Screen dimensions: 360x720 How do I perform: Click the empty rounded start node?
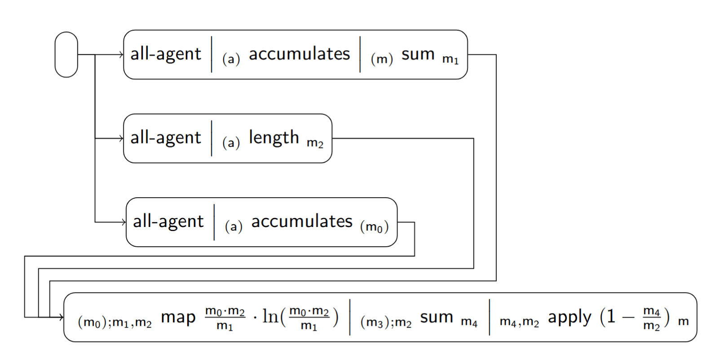[66, 54]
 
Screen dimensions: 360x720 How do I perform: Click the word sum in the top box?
[418, 54]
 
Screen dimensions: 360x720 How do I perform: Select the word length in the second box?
[274, 138]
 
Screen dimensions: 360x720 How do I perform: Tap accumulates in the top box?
[299, 54]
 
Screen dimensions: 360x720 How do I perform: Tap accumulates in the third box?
[302, 222]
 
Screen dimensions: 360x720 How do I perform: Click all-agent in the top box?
[166, 54]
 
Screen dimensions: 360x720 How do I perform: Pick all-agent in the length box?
[166, 138]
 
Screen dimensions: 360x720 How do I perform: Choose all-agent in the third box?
[168, 222]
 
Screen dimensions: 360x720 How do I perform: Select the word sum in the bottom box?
[437, 317]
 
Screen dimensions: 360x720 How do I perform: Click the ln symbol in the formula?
[270, 317]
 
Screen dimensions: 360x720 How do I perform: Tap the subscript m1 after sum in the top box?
[451, 59]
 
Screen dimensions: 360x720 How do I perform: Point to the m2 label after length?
[315, 143]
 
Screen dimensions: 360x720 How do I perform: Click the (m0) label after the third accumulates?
[374, 227]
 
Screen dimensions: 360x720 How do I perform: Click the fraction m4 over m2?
[651, 318]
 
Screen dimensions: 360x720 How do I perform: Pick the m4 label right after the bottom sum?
[469, 322]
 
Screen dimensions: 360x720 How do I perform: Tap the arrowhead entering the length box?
[121, 138]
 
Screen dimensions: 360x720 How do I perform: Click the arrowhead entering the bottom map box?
[61, 317]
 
